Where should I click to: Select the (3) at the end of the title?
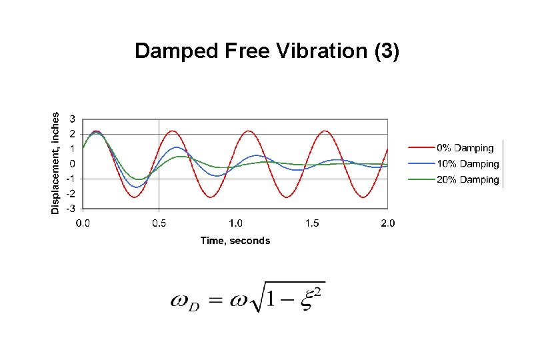(x=387, y=51)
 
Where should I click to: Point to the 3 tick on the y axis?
(x=73, y=119)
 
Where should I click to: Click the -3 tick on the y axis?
(x=71, y=208)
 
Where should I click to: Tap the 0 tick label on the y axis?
(x=73, y=163)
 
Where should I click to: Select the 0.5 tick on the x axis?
(x=159, y=223)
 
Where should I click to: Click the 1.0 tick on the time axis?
(x=235, y=223)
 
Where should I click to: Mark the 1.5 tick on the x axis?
(x=311, y=223)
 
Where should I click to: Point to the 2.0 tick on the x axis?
(x=387, y=223)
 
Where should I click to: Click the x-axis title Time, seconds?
(x=235, y=241)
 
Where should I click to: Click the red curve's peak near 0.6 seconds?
(x=172, y=131)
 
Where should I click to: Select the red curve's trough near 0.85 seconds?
(x=211, y=197)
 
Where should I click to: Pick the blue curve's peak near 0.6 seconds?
(x=176, y=147)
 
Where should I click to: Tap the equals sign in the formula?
(x=215, y=302)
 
